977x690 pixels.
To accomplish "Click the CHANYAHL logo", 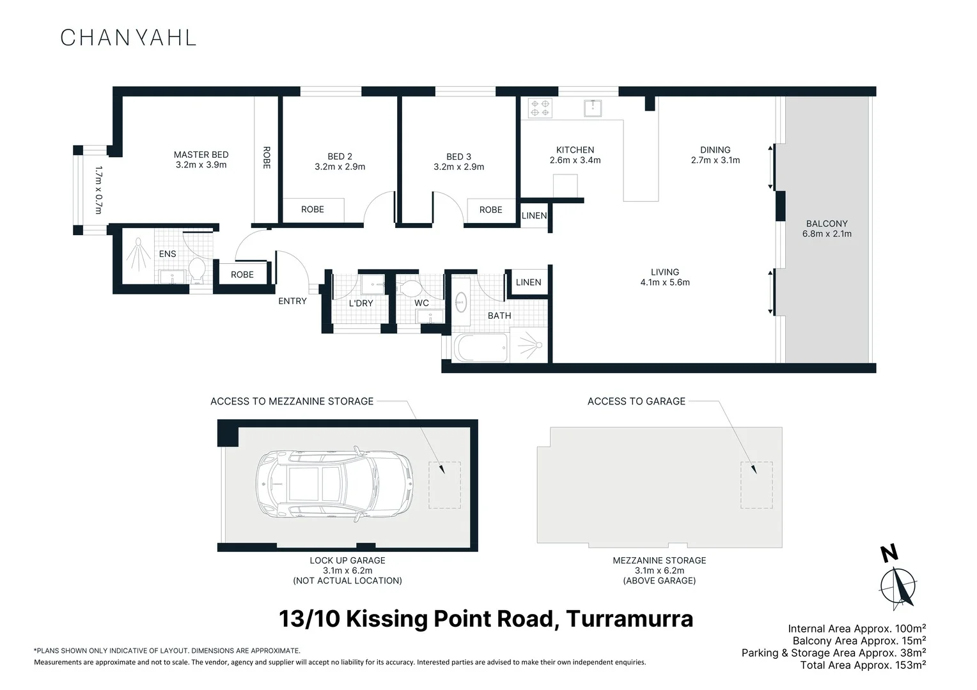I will pyautogui.click(x=128, y=38).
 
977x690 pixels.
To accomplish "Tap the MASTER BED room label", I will pyautogui.click(x=201, y=155).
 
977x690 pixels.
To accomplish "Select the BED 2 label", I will pyautogui.click(x=340, y=157).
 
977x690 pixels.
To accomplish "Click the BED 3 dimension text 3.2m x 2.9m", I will pyautogui.click(x=458, y=167).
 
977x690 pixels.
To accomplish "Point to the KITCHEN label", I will pyautogui.click(x=575, y=150).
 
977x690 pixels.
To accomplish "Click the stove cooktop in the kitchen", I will pyautogui.click(x=540, y=108).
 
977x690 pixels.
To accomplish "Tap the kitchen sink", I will pyautogui.click(x=593, y=107).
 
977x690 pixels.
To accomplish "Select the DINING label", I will pyautogui.click(x=715, y=150).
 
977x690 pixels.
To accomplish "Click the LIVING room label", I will pyautogui.click(x=665, y=272).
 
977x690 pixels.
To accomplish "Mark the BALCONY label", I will pyautogui.click(x=827, y=224).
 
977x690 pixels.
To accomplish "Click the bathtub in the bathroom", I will pyautogui.click(x=480, y=348).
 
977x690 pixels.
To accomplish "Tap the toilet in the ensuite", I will pyautogui.click(x=196, y=270).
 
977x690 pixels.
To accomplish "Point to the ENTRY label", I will pyautogui.click(x=292, y=301).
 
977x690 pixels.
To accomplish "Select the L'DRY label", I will pyautogui.click(x=361, y=303).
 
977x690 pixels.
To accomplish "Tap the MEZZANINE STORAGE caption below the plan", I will pyautogui.click(x=659, y=560).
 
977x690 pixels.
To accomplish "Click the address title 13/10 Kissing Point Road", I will pyautogui.click(x=486, y=619).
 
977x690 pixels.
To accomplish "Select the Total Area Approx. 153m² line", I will pyautogui.click(x=863, y=665).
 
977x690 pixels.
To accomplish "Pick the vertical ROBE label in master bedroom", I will pyautogui.click(x=267, y=158).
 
